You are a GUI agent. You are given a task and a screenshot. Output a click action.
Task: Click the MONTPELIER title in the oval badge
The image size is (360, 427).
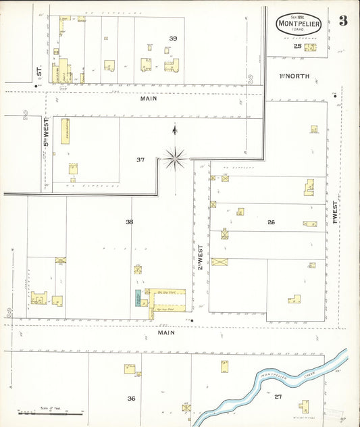pyautogui.click(x=297, y=24)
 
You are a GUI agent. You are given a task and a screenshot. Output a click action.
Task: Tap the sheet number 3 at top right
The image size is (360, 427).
pyautogui.click(x=343, y=20)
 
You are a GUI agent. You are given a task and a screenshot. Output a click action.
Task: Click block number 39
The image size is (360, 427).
pyautogui.click(x=173, y=39)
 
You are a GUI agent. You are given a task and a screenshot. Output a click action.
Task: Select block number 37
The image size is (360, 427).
pyautogui.click(x=140, y=160)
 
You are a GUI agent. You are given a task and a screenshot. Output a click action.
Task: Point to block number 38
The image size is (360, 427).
pyautogui.click(x=129, y=221)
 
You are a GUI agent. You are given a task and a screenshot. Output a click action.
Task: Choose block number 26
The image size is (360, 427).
pyautogui.click(x=271, y=222)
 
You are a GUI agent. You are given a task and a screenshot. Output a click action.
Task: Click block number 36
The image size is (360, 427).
pyautogui.click(x=131, y=398)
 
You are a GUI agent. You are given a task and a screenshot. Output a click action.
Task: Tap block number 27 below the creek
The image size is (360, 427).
pyautogui.click(x=278, y=396)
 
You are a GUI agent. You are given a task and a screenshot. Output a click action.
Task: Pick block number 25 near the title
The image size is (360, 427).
pyautogui.click(x=297, y=46)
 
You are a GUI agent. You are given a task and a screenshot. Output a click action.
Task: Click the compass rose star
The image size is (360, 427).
pyautogui.click(x=175, y=159)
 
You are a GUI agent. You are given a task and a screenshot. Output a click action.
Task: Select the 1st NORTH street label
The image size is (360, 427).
pyautogui.click(x=295, y=76)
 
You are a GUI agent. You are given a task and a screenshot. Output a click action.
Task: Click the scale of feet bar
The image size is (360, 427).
pyautogui.click(x=47, y=411)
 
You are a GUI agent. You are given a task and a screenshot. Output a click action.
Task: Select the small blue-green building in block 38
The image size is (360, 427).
pyautogui.click(x=138, y=297)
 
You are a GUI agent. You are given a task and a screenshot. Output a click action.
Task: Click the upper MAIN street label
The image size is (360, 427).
pyautogui.click(x=149, y=99)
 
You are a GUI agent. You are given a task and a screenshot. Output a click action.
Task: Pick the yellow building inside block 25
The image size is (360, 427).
pyautogui.click(x=310, y=47)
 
